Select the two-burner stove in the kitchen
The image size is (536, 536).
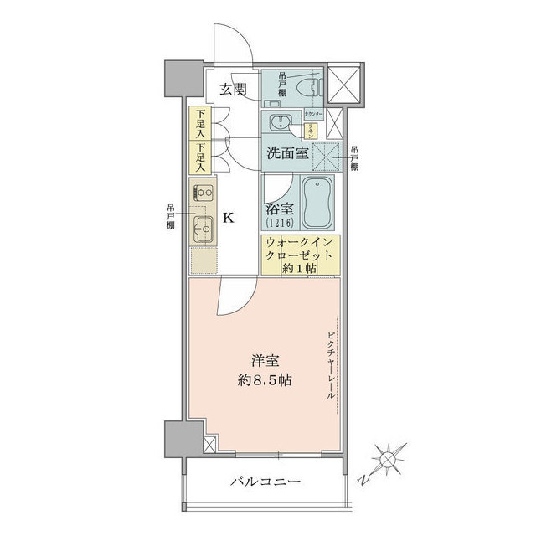202,194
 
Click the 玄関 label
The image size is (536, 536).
234,90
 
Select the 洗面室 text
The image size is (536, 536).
287,153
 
